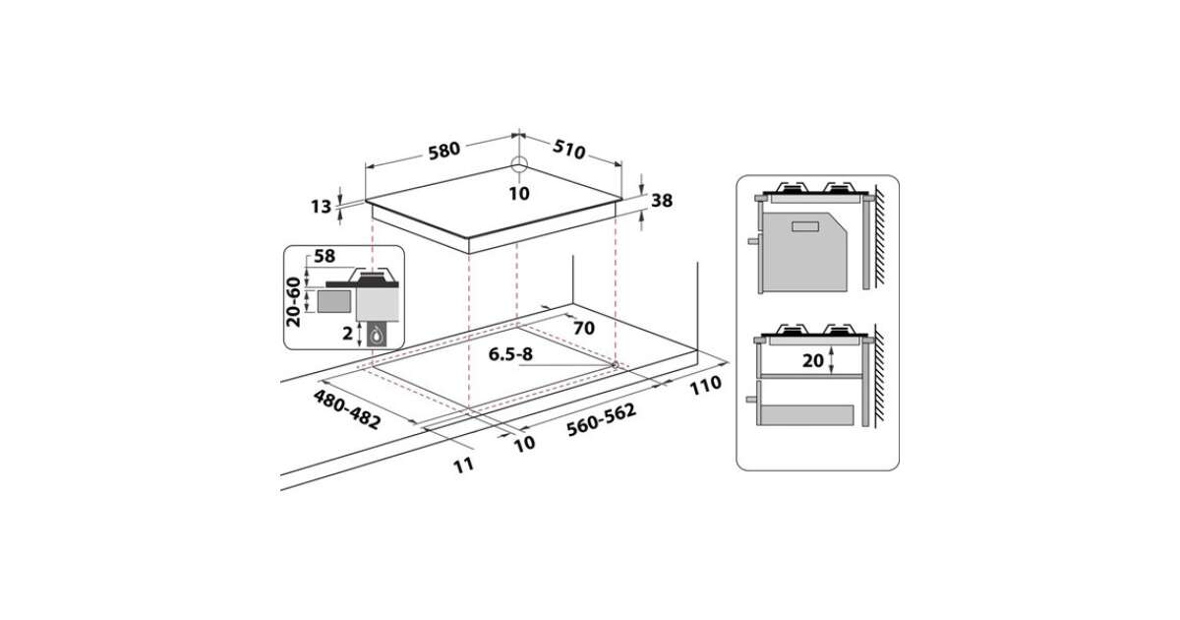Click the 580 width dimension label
[x=443, y=151]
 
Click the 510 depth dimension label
[x=569, y=150]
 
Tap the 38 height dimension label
[x=662, y=201]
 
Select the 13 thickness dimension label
[x=321, y=207]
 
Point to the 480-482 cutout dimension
[x=346, y=409]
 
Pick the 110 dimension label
[x=706, y=385]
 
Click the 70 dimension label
[x=584, y=328]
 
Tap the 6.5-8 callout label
[x=510, y=354]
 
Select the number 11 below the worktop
[x=463, y=465]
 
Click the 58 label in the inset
[x=324, y=256]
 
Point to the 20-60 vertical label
[x=293, y=302]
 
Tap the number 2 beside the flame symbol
[x=347, y=334]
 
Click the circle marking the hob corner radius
[x=519, y=164]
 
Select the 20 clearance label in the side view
[x=813, y=360]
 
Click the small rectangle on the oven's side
[x=805, y=226]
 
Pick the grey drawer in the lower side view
[x=805, y=415]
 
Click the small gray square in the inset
[x=333, y=301]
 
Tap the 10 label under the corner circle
[x=519, y=194]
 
